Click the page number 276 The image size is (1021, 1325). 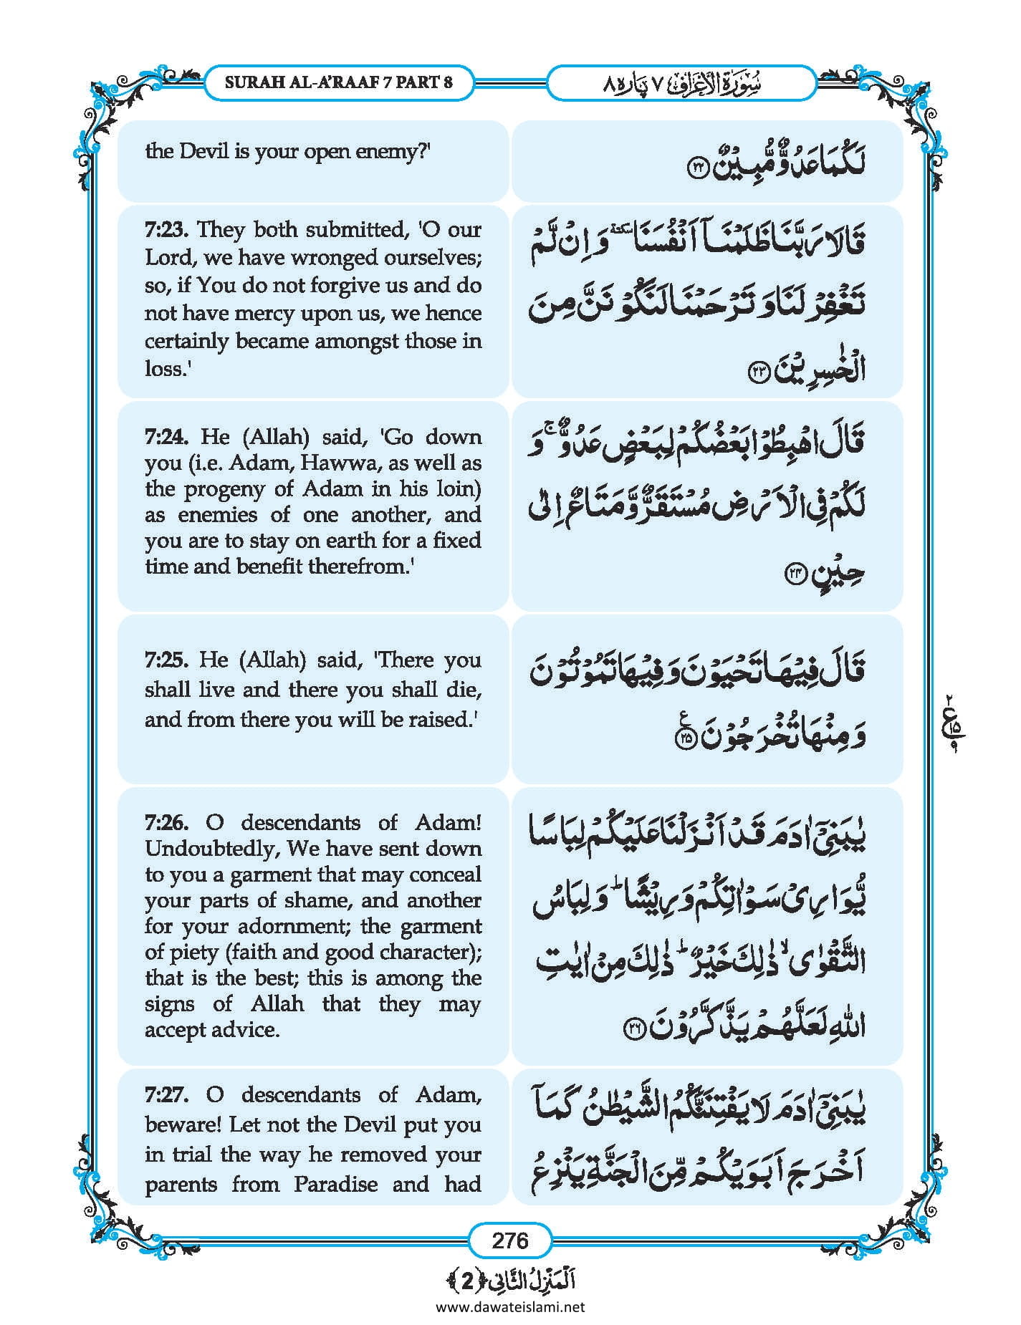tap(509, 1240)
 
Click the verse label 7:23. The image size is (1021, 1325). tap(166, 230)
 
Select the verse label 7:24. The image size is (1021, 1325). tap(166, 437)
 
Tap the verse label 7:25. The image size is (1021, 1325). tap(166, 660)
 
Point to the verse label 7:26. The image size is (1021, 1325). tap(166, 822)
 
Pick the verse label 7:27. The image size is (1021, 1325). tap(166, 1094)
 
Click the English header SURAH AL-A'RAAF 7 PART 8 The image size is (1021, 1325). tap(338, 82)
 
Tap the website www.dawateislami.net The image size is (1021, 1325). tap(509, 1306)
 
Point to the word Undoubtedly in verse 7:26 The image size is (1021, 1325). tap(212, 849)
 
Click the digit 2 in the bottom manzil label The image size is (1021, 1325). tap(467, 1281)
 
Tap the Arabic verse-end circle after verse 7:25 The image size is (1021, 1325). tap(685, 739)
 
